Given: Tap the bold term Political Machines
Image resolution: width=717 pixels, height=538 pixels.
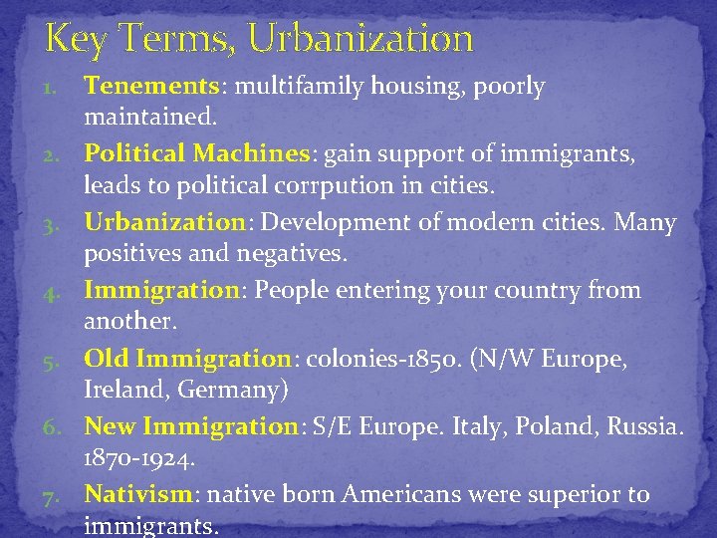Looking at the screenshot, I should pyautogui.click(x=197, y=154).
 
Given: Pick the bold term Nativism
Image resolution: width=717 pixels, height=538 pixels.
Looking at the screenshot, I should pyautogui.click(x=138, y=494).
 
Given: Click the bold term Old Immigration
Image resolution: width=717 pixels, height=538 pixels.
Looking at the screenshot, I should pyautogui.click(x=185, y=358).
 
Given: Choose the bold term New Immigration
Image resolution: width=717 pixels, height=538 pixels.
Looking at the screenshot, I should pyautogui.click(x=191, y=426).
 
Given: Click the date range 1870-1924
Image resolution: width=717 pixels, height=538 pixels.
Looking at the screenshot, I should pyautogui.click(x=140, y=459).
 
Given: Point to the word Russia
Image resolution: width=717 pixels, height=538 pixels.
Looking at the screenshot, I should pyautogui.click(x=645, y=426).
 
